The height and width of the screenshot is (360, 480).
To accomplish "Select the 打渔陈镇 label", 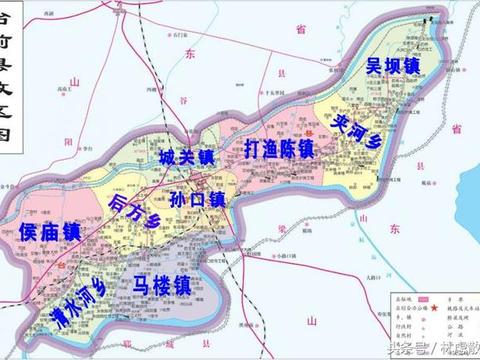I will pos(279,148).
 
